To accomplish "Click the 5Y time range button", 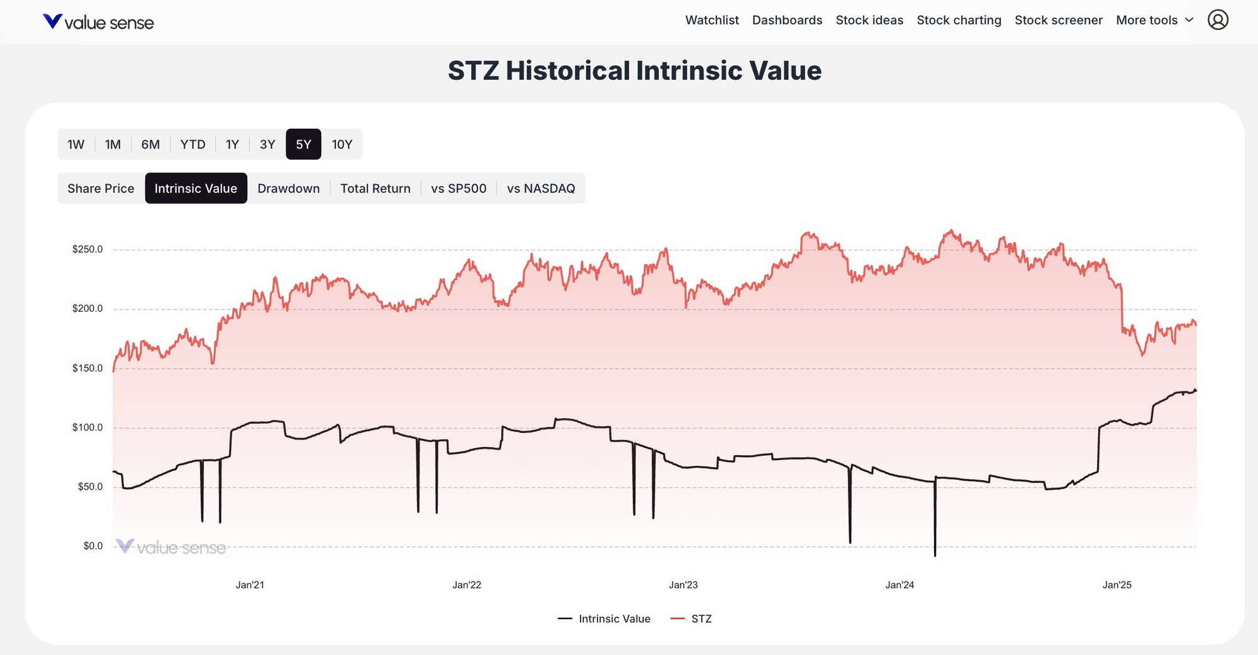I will coord(303,145).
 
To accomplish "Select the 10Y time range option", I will coord(342,145).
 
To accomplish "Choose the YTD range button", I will coord(192,145).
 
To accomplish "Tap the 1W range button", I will coord(75,145).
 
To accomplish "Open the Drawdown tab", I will coord(288,189).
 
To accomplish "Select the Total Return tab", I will coord(375,189).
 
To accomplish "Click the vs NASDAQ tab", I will coord(540,189).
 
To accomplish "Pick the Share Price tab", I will coord(101,189).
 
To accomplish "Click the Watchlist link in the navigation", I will coord(711,20).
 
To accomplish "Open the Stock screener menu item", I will coord(1058,20).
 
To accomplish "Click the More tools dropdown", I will coord(1154,20).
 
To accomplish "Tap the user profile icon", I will coord(1218,20).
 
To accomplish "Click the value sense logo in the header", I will coord(98,23).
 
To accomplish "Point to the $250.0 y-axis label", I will coord(87,250).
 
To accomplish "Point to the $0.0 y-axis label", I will coord(92,546).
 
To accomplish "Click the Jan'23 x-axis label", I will coord(683,585).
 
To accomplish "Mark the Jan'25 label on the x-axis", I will coord(1116,585).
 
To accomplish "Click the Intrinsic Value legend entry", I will coord(613,619).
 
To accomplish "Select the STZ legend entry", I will coord(701,619).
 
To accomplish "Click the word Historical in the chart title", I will coord(567,70).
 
